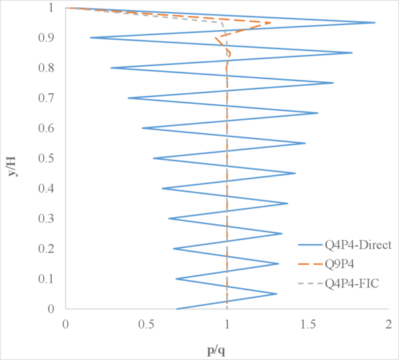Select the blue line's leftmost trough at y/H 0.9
90,38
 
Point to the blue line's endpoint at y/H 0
176,309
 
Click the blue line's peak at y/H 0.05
276,293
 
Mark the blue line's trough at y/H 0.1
176,279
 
